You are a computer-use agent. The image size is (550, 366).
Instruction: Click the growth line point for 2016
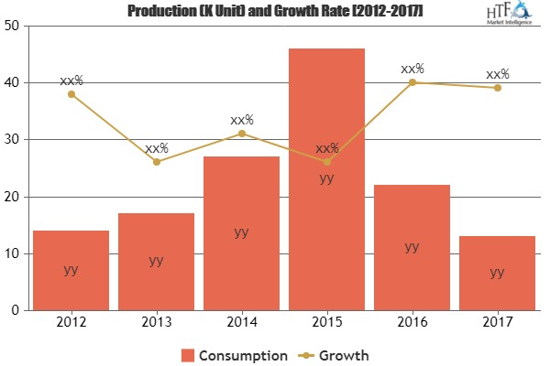(x=412, y=82)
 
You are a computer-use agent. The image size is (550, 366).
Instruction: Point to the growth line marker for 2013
(x=157, y=162)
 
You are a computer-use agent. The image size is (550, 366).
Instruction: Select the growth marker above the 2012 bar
(x=71, y=94)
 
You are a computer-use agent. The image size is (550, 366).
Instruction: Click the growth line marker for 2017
(x=497, y=88)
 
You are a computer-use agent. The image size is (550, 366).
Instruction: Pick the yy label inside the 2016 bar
(x=412, y=246)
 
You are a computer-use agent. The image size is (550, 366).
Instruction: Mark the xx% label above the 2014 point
(x=242, y=119)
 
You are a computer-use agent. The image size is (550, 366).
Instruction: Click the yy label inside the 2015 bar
(x=326, y=178)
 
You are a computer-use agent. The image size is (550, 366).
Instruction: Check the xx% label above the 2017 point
(x=498, y=74)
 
